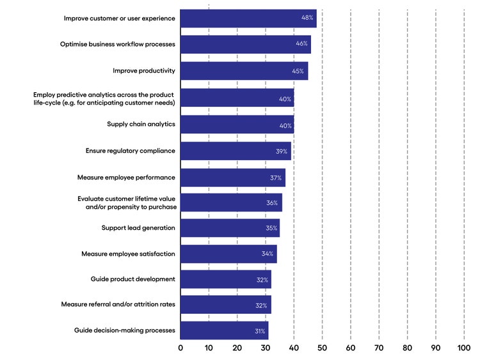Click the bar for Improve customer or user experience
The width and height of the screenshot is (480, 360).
pyautogui.click(x=248, y=19)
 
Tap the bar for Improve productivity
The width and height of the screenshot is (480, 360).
pyautogui.click(x=244, y=70)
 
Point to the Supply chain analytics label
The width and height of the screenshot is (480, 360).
pyautogui.click(x=141, y=124)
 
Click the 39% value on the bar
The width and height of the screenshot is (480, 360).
pyautogui.click(x=282, y=151)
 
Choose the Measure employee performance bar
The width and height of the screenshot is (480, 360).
pyautogui.click(x=232, y=177)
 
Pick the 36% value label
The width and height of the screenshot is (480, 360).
pyautogui.click(x=272, y=203)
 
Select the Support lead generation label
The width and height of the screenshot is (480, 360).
pyautogui.click(x=138, y=228)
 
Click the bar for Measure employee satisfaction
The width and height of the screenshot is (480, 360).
pyautogui.click(x=228, y=254)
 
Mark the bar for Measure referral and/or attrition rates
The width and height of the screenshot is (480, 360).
pyautogui.click(x=225, y=305)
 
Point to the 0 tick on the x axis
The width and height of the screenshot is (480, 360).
pyautogui.click(x=180, y=348)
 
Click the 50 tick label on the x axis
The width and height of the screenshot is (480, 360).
pyautogui.click(x=322, y=348)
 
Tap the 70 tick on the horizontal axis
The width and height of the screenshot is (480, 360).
pyautogui.click(x=379, y=348)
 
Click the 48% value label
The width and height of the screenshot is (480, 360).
pyautogui.click(x=308, y=18)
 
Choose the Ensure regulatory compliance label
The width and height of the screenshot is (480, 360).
pyautogui.click(x=131, y=151)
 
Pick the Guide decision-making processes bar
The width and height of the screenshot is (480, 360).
pyautogui.click(x=224, y=331)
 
